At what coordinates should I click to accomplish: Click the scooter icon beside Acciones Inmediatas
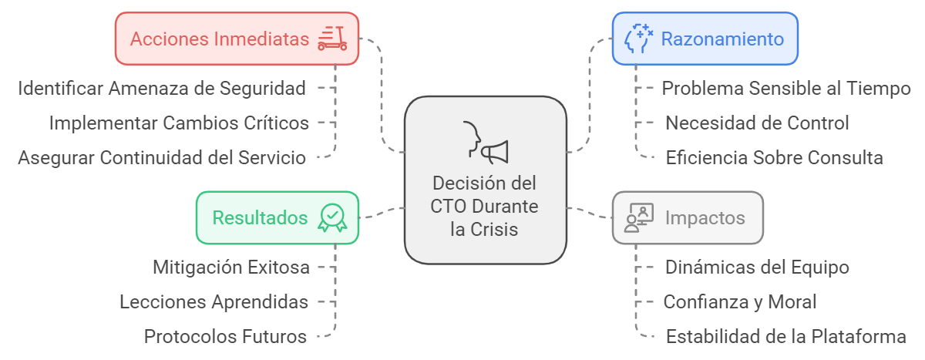(x=332, y=38)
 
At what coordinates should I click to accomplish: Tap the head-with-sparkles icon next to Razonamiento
(x=639, y=38)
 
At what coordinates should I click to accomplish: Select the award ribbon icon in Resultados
(x=332, y=217)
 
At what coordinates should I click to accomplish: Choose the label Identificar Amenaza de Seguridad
(x=162, y=88)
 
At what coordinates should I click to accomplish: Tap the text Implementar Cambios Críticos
(x=179, y=123)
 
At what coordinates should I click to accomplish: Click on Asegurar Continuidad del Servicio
(x=162, y=157)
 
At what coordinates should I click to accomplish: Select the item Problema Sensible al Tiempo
(x=786, y=88)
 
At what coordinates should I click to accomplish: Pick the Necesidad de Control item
(x=757, y=123)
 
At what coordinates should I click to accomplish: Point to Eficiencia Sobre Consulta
(x=774, y=157)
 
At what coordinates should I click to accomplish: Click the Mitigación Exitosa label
(x=231, y=267)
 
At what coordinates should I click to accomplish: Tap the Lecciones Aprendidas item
(x=214, y=302)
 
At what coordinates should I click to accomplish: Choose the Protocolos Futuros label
(x=226, y=337)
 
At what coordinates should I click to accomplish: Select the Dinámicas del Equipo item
(x=757, y=267)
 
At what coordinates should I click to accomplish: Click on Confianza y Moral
(x=740, y=302)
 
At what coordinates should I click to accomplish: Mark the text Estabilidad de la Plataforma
(x=785, y=337)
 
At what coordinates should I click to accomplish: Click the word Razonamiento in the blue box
(x=722, y=39)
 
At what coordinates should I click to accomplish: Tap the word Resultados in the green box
(x=260, y=218)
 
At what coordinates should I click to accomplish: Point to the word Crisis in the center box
(x=495, y=230)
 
